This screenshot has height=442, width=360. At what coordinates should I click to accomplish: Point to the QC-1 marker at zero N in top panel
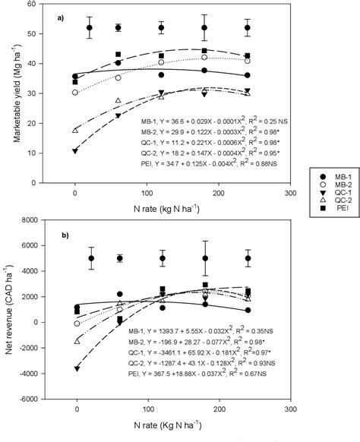pyautogui.click(x=75, y=151)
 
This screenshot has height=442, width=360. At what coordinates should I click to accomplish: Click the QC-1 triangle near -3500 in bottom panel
pyautogui.click(x=76, y=368)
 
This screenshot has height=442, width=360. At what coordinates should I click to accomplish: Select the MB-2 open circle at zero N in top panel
pyautogui.click(x=75, y=93)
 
